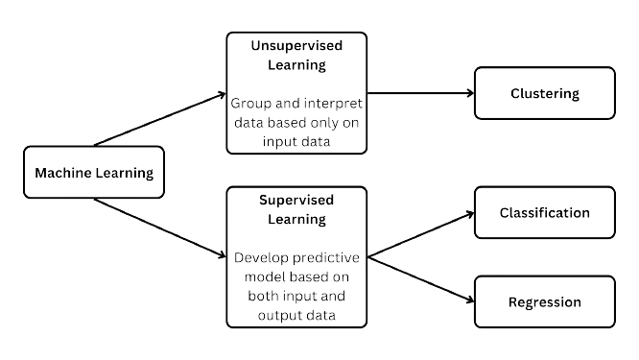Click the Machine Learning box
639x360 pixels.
pyautogui.click(x=94, y=173)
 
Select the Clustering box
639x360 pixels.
pyautogui.click(x=543, y=93)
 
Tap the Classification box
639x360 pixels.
pyautogui.click(x=543, y=213)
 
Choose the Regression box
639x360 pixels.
pyautogui.click(x=543, y=301)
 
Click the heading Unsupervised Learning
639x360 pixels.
pyautogui.click(x=296, y=56)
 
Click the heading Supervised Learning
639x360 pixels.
pyautogui.click(x=296, y=209)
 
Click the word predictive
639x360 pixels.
pyautogui.click(x=324, y=257)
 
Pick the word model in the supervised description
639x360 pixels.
pyautogui.click(x=265, y=276)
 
